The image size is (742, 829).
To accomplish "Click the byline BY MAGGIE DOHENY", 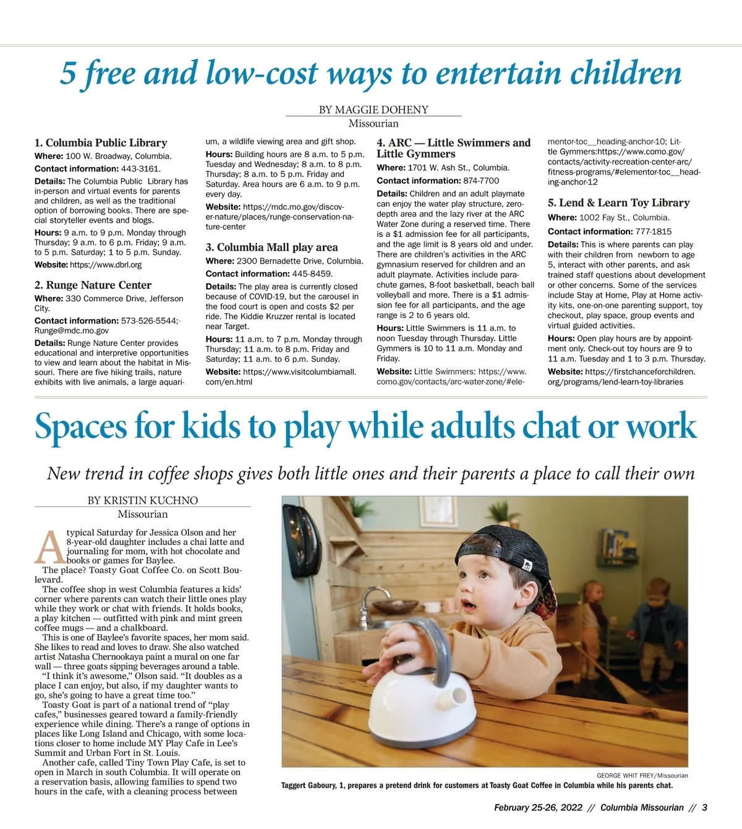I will [x=373, y=110].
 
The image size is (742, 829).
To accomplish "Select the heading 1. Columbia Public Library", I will [x=101, y=143].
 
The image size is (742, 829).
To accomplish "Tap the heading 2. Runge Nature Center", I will [x=93, y=285].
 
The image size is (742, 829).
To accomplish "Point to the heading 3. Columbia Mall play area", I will [x=271, y=247].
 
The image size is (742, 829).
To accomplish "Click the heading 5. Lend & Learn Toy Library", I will [x=618, y=203].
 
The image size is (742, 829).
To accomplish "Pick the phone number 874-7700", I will [x=480, y=181].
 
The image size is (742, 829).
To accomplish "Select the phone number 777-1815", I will [x=653, y=231].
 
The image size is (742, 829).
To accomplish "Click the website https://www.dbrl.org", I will [x=106, y=265].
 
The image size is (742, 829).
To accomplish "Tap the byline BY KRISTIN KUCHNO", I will [x=143, y=500].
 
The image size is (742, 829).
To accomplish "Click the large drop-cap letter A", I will [x=49, y=546].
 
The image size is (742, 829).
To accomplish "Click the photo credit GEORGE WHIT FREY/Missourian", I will [x=642, y=775].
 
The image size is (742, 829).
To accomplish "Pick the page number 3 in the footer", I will [x=704, y=807].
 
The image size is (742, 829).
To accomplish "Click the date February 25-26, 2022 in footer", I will [x=538, y=807].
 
